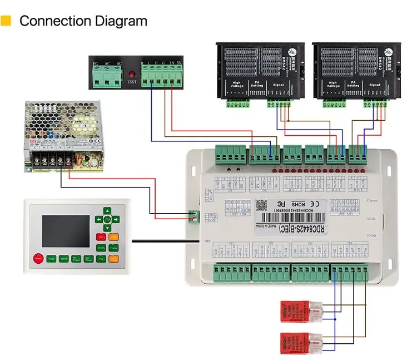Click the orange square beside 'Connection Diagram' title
coord(6,22)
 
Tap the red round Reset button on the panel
coord(39,258)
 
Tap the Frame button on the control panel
coord(114,246)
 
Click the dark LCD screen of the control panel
coord(64,229)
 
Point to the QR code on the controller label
coord(261,206)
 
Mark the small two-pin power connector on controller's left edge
coord(193,215)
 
